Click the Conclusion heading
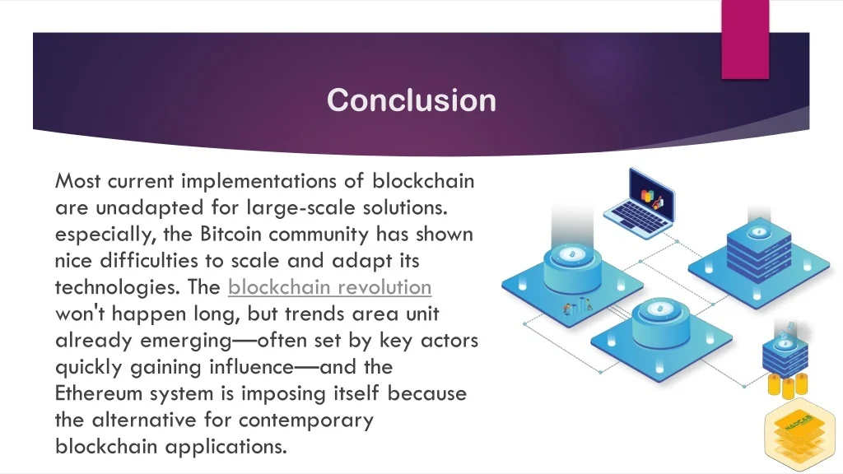[412, 100]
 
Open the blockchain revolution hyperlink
[329, 287]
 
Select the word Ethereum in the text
[99, 393]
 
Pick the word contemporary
[306, 421]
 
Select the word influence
[252, 367]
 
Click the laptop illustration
[640, 204]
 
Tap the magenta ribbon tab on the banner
[745, 39]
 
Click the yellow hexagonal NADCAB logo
[800, 434]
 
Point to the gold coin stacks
[788, 385]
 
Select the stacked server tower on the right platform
[758, 249]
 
